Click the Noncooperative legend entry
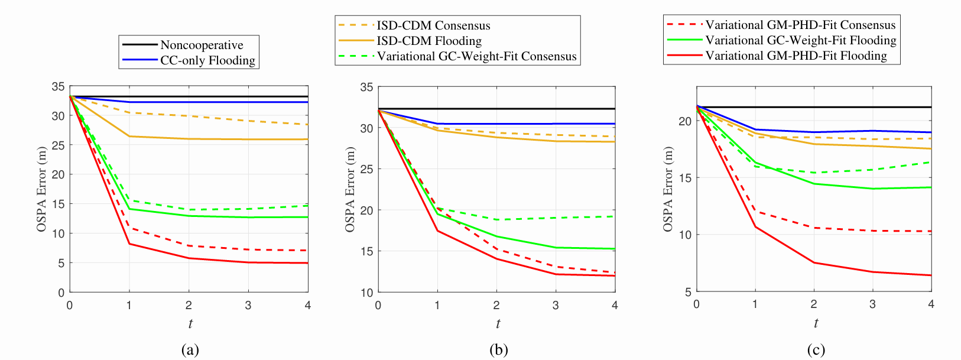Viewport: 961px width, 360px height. pos(202,45)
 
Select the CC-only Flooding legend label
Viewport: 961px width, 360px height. pos(207,60)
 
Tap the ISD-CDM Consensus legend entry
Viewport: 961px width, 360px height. pos(433,25)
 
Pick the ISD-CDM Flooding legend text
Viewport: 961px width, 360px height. pos(429,41)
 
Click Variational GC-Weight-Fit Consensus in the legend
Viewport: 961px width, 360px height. pos(476,56)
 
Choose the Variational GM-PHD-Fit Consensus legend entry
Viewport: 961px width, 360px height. pos(800,25)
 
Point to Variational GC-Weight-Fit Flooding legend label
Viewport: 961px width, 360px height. pos(801,40)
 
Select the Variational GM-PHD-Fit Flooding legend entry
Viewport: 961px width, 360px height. pos(796,56)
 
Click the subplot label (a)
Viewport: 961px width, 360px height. pos(190,349)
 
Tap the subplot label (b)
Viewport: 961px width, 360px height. pos(498,349)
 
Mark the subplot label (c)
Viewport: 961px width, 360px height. pos(816,349)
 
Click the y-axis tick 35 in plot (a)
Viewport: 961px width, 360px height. pos(58,87)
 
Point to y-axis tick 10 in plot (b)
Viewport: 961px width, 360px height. pos(366,293)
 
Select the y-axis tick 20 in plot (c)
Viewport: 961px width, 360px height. pos(685,121)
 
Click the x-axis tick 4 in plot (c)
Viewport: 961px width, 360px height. pos(931,304)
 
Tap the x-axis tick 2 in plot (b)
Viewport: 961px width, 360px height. pos(496,305)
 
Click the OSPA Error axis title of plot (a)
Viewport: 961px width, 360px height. pos(41,189)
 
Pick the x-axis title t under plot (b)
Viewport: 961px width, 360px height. pos(498,323)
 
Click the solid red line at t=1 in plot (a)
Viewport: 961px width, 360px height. pos(129,244)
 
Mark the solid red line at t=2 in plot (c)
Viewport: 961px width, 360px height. pos(814,262)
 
